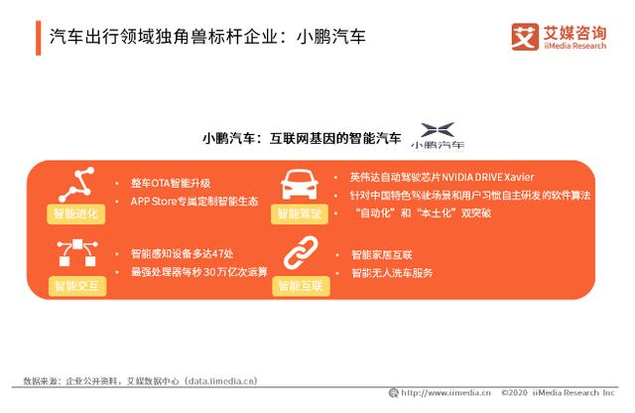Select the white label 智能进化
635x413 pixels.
[75, 213]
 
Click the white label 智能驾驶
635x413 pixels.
[301, 213]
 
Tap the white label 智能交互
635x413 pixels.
[75, 286]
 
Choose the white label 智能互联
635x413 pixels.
[301, 286]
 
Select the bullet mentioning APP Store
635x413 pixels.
[194, 201]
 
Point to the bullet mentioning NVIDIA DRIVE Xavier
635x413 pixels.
[442, 178]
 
